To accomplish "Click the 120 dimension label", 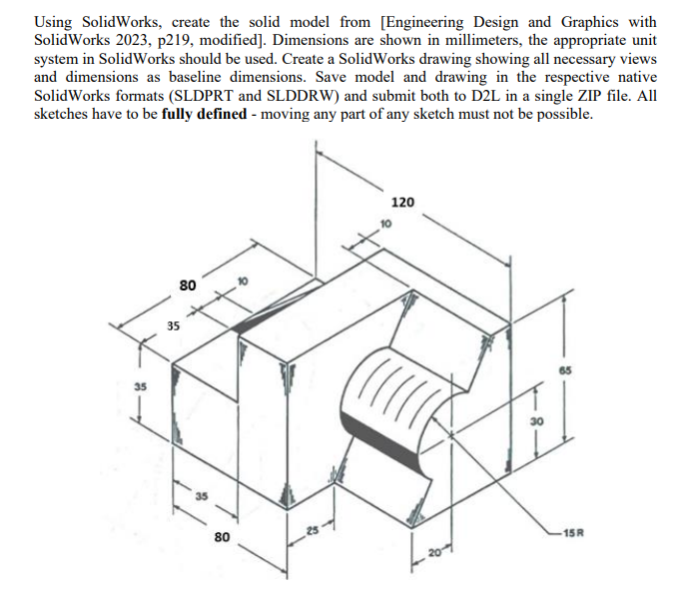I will click(403, 203).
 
